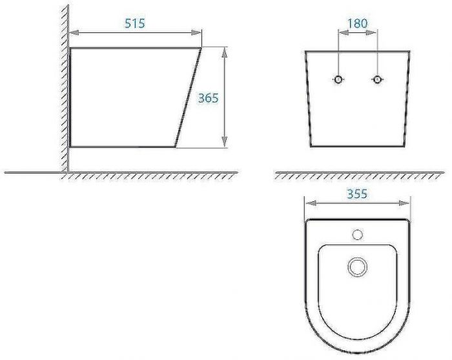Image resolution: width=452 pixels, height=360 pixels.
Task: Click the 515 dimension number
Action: click(134, 23)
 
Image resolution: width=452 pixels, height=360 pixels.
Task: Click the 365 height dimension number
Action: click(208, 98)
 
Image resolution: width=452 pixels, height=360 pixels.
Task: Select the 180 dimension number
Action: click(357, 23)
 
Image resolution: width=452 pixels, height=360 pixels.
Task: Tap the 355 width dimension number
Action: click(356, 194)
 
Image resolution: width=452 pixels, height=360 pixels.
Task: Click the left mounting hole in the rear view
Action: click(338, 79)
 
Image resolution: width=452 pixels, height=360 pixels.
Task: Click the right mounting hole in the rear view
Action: click(377, 79)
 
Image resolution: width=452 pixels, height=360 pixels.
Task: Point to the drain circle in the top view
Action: click(356, 266)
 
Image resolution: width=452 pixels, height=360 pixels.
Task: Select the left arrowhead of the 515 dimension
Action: click(73, 31)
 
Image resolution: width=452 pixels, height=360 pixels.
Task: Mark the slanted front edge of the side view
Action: click(189, 97)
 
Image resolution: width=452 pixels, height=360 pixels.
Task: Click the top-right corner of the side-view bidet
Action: click(201, 47)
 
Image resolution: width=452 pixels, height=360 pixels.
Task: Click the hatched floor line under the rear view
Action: click(359, 175)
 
